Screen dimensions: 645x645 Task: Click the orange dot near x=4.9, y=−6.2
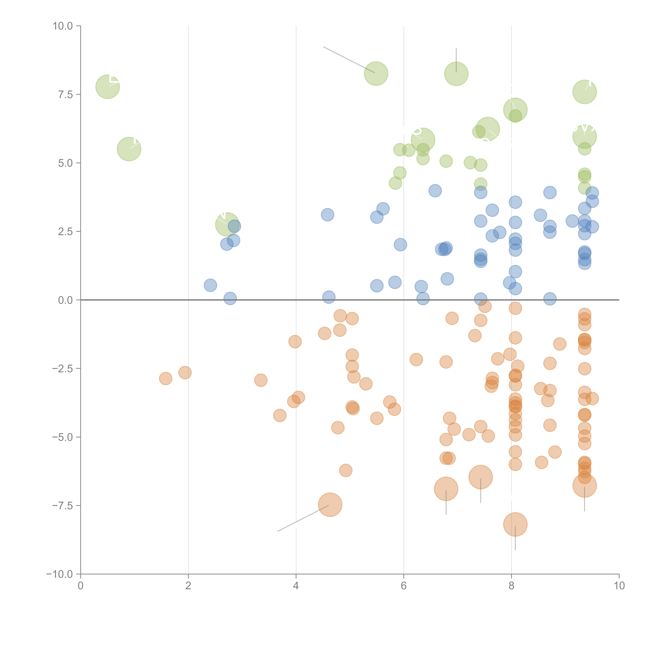tap(346, 470)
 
